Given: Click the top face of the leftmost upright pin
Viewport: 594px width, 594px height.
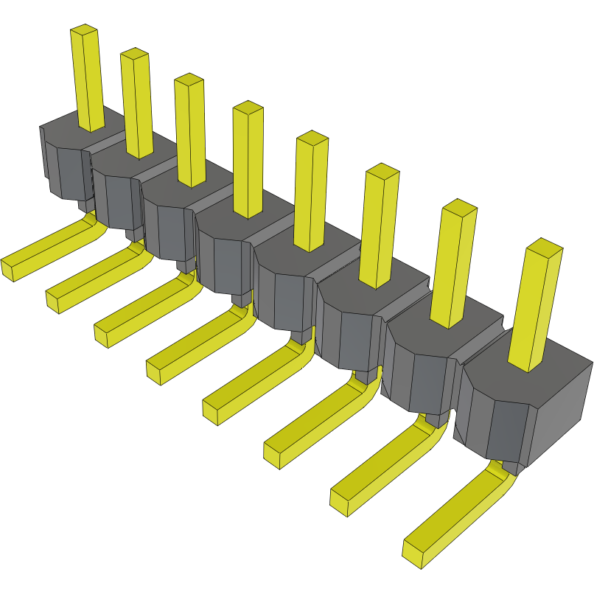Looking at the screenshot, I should point(84,30).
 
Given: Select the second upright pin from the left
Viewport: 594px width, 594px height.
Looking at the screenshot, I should point(137,103).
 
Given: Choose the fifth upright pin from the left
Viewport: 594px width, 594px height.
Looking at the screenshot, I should point(310,192).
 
